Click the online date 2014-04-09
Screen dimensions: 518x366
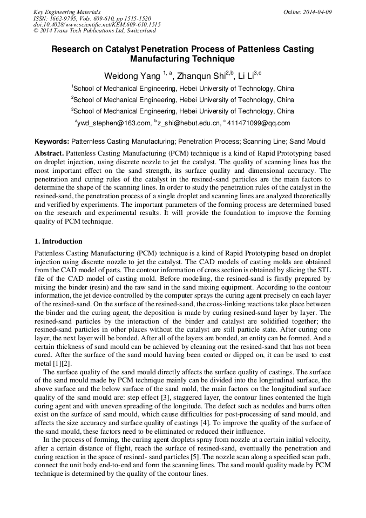(x=318, y=12)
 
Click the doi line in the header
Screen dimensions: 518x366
(x=97, y=25)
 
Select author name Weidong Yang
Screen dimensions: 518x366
(x=132, y=76)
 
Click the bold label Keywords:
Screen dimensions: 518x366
(x=51, y=142)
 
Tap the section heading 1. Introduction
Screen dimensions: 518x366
(x=58, y=241)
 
